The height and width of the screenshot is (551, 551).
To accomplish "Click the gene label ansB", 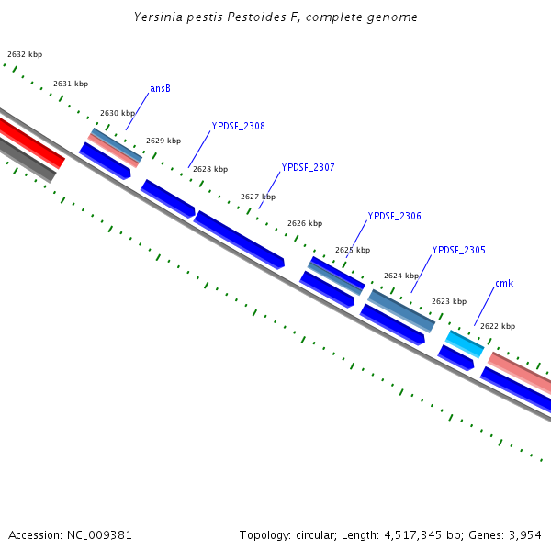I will [160, 88].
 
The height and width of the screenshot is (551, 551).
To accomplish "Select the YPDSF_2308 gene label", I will [238, 126].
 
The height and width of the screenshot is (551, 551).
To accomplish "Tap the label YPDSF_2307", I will [308, 167].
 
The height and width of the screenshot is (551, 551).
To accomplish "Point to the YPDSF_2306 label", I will [394, 216].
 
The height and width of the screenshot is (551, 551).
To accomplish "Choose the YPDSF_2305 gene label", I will [458, 250].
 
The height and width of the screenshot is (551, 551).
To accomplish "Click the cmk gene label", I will [503, 283].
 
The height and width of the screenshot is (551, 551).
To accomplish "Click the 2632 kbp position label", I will [25, 55].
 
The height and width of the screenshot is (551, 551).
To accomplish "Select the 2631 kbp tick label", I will [71, 84].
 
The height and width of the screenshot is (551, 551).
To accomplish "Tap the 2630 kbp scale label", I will [118, 113].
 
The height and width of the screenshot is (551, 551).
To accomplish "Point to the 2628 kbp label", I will [210, 169].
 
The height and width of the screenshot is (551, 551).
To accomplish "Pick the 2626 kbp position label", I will [305, 223].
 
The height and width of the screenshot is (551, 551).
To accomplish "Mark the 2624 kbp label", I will [401, 275].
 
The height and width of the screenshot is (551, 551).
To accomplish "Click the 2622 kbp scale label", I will [498, 326].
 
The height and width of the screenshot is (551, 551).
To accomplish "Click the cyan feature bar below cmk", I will [465, 343].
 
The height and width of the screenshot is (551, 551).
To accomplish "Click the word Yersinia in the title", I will [158, 17].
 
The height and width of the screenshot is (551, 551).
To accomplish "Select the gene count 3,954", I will [524, 534].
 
